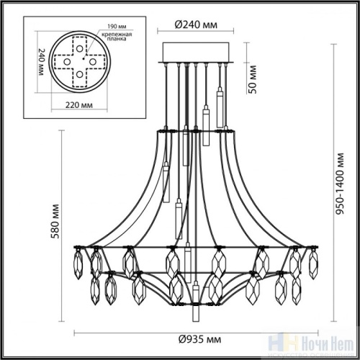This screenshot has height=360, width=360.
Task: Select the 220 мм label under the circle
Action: (x=68, y=104)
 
